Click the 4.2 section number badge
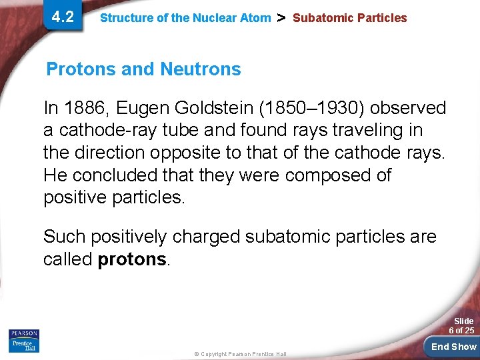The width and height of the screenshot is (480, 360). click(x=63, y=17)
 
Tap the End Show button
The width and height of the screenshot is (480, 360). click(x=453, y=346)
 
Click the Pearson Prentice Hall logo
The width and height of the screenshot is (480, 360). click(x=24, y=340)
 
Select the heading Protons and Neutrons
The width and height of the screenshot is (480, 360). click(x=143, y=69)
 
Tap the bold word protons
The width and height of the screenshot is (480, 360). click(x=131, y=259)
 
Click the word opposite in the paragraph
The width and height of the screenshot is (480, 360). click(x=186, y=153)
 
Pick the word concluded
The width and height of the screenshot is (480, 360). click(x=110, y=175)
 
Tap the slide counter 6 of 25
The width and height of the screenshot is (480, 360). click(x=461, y=331)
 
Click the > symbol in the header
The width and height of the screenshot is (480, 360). click(x=281, y=17)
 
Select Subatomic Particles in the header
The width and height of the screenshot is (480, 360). click(x=349, y=18)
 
